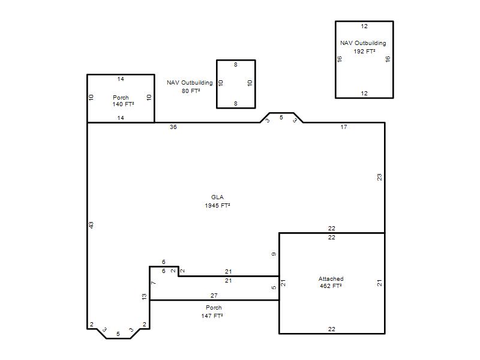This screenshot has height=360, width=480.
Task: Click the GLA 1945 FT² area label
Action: coord(217,202)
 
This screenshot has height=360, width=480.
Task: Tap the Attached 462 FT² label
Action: coord(331,282)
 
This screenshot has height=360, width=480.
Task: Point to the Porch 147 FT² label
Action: coord(212,311)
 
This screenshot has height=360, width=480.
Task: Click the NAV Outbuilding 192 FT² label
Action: coord(364,47)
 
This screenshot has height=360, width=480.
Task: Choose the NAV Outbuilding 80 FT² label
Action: coord(190,86)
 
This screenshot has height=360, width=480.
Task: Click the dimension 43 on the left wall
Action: coord(91,225)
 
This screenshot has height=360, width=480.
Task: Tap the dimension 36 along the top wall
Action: coord(173,127)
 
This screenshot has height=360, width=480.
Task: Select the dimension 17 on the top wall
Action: coord(344,127)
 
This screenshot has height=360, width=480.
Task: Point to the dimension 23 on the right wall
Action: coord(380,177)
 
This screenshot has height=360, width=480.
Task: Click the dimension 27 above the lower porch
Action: coord(214,296)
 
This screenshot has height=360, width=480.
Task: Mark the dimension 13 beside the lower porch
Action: coord(144,296)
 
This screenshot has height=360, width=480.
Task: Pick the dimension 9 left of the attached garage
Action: coord(274,254)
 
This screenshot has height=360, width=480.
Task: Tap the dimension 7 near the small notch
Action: coord(154,283)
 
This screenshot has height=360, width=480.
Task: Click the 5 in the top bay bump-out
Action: coord(281,118)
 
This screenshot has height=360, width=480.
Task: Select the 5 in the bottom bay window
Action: coord(118,334)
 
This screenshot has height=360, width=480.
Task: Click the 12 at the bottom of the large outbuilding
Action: coord(364,94)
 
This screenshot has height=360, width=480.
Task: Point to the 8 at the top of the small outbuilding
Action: coord(236,65)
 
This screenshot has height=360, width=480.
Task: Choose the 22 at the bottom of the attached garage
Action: coord(332,329)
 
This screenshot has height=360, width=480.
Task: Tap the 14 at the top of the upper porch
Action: coord(121,79)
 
